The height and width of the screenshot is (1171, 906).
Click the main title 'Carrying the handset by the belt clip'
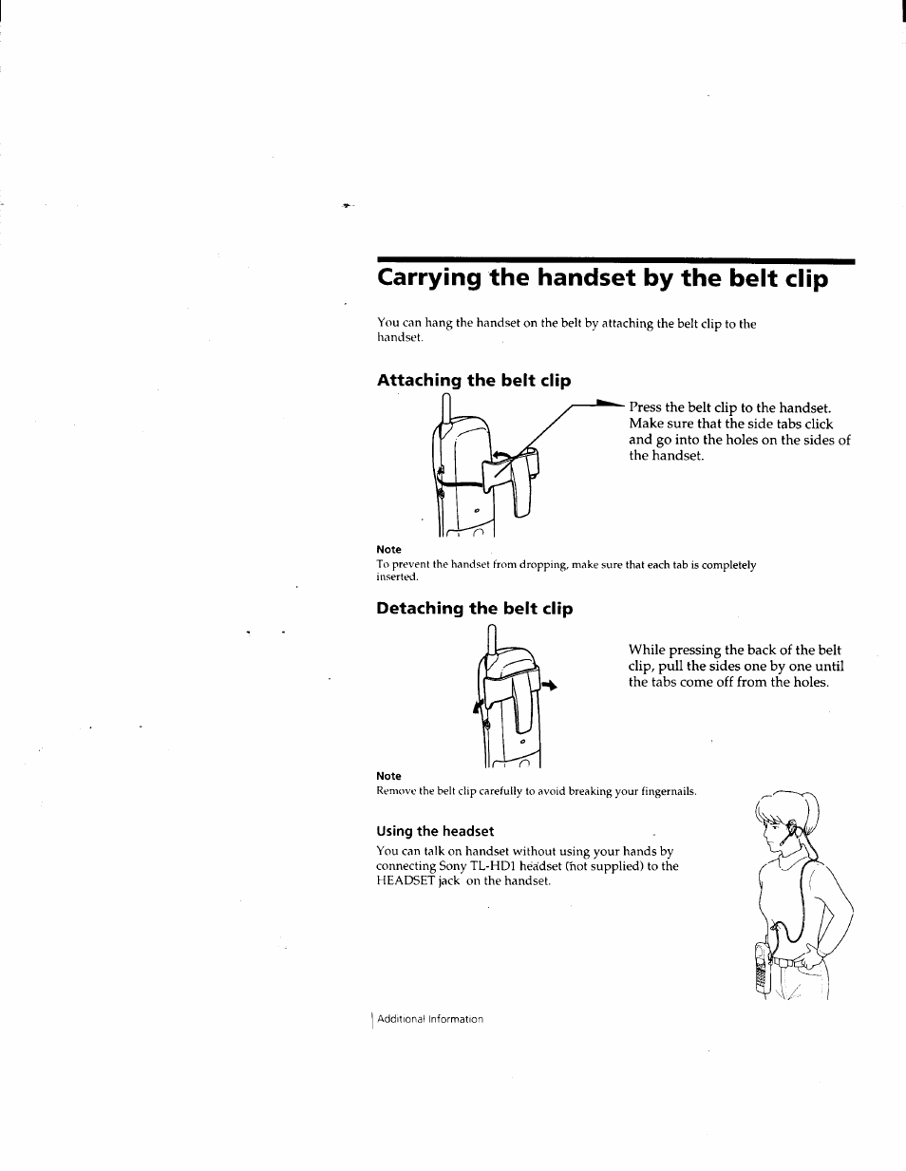click(602, 278)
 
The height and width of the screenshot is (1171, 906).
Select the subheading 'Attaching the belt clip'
click(473, 381)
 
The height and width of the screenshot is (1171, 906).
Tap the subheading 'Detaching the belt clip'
click(474, 609)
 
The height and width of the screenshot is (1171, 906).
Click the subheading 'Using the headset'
click(435, 831)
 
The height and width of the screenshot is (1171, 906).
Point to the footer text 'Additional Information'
click(430, 1019)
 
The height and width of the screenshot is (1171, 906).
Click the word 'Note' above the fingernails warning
click(388, 776)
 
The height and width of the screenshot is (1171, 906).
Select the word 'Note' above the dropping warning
click(388, 550)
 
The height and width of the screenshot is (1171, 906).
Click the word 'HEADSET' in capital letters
click(405, 881)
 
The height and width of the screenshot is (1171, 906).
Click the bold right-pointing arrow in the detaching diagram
click(548, 685)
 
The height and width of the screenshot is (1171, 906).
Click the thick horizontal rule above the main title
click(614, 260)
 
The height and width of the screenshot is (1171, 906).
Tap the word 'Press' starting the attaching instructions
click(645, 407)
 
